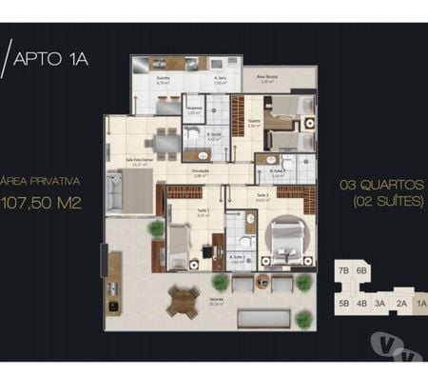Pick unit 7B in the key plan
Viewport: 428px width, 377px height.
point(342,271)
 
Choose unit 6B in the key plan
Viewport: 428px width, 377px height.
point(361,271)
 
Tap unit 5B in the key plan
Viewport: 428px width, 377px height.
point(342,305)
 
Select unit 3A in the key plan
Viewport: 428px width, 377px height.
point(379,305)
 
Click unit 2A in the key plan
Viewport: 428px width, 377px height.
point(400,305)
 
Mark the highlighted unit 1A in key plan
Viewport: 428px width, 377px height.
point(419,305)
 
